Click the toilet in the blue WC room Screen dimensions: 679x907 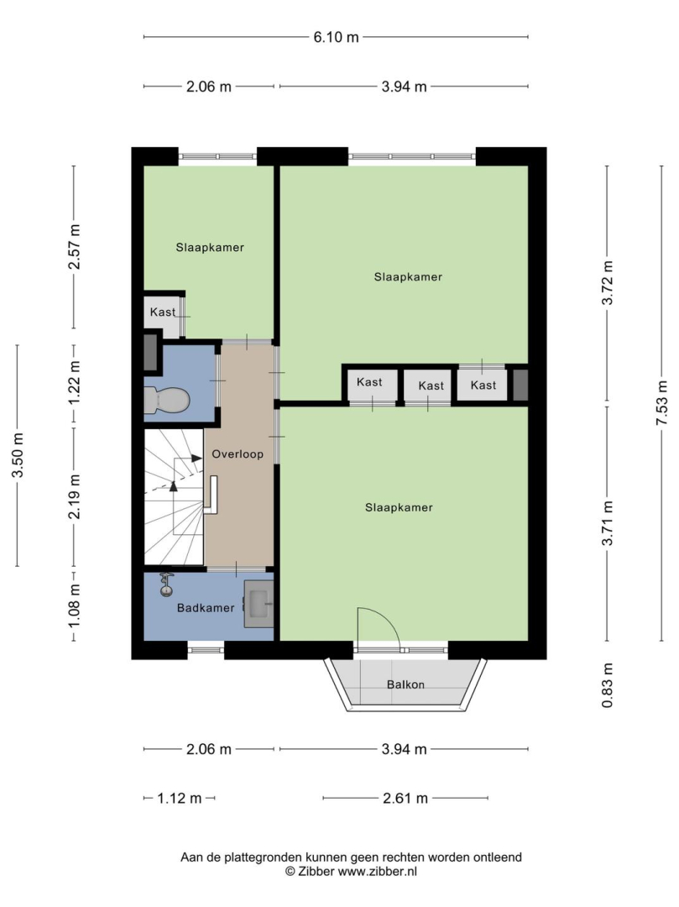tap(166, 400)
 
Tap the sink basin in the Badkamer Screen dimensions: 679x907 tap(259, 604)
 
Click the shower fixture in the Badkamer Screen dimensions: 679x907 tap(166, 585)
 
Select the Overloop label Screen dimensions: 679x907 tap(238, 454)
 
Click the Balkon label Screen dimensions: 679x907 tap(405, 684)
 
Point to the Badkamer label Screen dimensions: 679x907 tap(206, 608)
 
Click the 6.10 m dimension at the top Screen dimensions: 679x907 tap(336, 38)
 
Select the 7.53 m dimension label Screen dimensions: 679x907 tap(661, 403)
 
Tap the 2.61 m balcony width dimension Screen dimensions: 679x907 tap(405, 799)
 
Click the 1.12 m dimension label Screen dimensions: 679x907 tap(179, 799)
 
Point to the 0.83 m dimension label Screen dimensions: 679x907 tap(607, 685)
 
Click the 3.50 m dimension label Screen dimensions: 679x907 tap(18, 455)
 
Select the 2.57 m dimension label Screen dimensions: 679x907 tap(74, 247)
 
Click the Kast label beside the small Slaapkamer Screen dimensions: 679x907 tap(162, 312)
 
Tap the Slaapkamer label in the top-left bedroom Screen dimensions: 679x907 tap(210, 248)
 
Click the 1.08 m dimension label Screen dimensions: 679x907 tap(74, 606)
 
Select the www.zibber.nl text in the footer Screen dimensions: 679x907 tap(377, 871)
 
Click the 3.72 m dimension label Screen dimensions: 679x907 tap(607, 283)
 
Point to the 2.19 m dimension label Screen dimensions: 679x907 tap(74, 497)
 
